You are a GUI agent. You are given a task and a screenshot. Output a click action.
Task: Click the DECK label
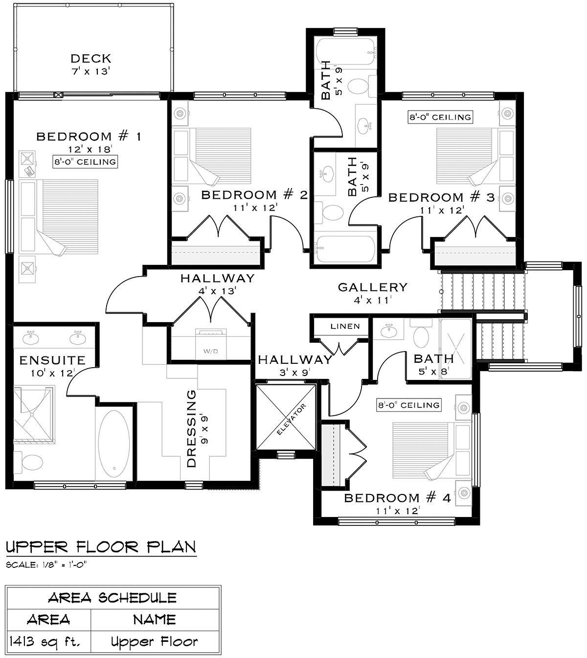coord(91,59)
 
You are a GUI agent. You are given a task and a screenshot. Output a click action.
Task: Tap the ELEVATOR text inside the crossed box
coord(292,419)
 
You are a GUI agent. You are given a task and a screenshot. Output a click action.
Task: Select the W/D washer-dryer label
coord(211,351)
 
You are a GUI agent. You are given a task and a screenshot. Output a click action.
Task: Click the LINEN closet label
coord(345,326)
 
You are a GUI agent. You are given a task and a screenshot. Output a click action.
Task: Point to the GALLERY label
coord(373,287)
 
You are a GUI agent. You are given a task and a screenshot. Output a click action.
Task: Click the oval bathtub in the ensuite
coord(113,444)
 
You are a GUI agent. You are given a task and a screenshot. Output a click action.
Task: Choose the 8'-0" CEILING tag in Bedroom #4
coord(409,405)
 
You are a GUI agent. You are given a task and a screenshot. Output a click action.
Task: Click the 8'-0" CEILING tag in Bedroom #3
coord(440,117)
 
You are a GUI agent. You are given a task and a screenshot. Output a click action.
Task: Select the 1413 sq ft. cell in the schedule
coord(45,641)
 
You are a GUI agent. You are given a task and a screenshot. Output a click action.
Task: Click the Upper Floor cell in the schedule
coord(155,641)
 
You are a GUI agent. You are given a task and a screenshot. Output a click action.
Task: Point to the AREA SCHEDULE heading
coord(113,598)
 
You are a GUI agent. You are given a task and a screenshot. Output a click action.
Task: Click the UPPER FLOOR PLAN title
coord(101,547)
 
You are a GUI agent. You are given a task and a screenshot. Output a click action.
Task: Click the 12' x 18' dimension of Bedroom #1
coord(90,149)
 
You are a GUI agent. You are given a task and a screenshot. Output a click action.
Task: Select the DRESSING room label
coord(192,428)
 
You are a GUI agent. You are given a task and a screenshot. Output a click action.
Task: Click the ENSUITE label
coord(52,360)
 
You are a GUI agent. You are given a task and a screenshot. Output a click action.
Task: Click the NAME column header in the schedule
coord(155,620)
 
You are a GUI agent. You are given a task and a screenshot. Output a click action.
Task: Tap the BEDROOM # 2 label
coord(254,195)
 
